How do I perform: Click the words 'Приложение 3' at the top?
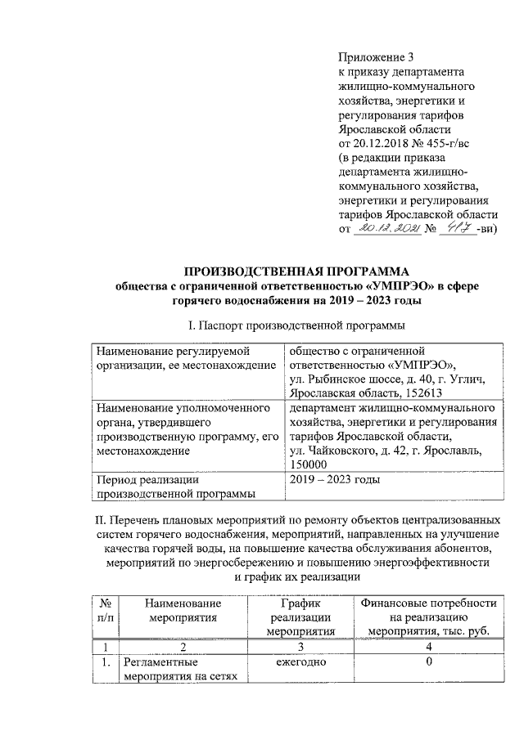click(377, 57)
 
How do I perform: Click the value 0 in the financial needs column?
click(428, 662)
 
